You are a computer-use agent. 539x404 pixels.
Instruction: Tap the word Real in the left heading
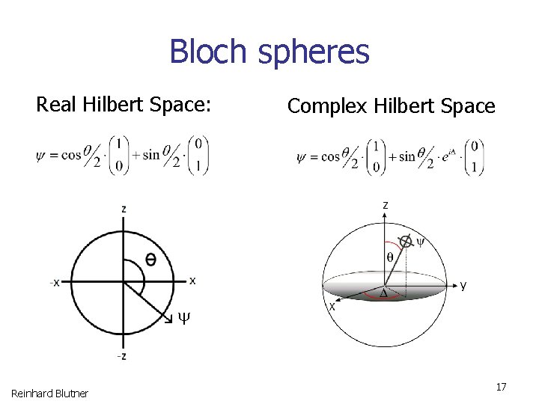click(56, 104)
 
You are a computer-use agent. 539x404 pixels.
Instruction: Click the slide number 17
click(501, 387)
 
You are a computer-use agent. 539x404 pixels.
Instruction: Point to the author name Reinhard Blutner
click(49, 393)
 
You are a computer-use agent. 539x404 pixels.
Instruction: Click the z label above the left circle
click(124, 209)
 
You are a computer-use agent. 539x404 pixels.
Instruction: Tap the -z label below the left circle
click(121, 356)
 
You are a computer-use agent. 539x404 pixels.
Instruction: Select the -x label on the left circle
click(55, 282)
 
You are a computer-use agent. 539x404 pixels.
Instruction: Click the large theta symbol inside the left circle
click(150, 260)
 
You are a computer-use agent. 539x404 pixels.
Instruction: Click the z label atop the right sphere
click(385, 204)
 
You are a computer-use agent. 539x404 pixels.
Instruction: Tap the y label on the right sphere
click(463, 285)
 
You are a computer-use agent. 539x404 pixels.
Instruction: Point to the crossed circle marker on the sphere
click(405, 241)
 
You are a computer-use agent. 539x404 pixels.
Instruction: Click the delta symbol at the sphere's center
click(383, 293)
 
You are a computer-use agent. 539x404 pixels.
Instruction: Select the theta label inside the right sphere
click(389, 257)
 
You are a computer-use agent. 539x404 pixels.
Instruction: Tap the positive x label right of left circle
click(192, 281)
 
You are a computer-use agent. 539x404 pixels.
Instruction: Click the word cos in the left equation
click(71, 155)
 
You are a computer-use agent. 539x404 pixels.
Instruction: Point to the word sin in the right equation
click(407, 156)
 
